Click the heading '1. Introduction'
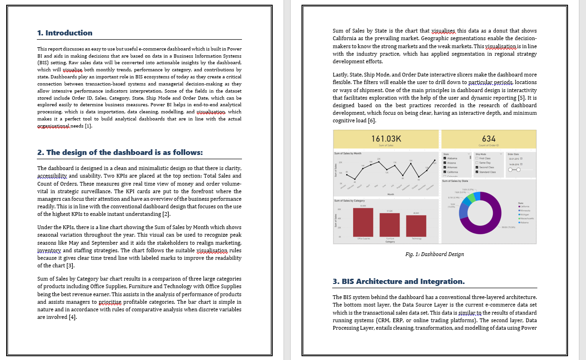pyautogui.click(x=65, y=33)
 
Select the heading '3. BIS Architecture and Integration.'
pyautogui.click(x=398, y=282)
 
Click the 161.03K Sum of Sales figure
pyautogui.click(x=386, y=139)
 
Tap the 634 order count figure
pyautogui.click(x=489, y=139)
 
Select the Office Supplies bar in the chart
pyautogui.click(x=363, y=222)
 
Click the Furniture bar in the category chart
pyautogui.click(x=389, y=224)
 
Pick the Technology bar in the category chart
pyautogui.click(x=416, y=226)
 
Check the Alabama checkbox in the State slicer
pyautogui.click(x=445, y=158)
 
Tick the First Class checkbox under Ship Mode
pyautogui.click(x=477, y=158)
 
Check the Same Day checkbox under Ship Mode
pyautogui.click(x=477, y=163)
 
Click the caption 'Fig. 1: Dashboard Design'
pyautogui.click(x=434, y=254)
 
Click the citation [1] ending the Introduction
pyautogui.click(x=88, y=126)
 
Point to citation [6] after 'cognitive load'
pyautogui.click(x=372, y=120)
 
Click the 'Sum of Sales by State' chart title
pyautogui.click(x=455, y=181)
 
